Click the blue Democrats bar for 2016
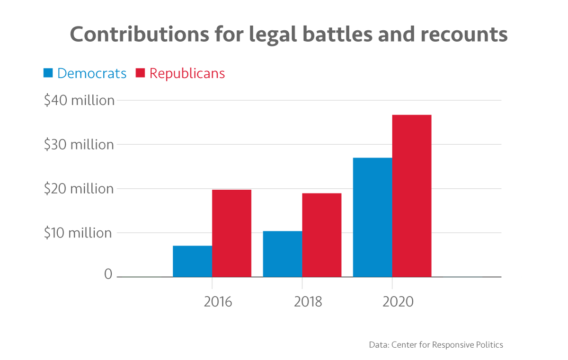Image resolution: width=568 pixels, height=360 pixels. pyautogui.click(x=192, y=261)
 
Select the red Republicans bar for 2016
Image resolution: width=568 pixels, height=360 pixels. pyautogui.click(x=231, y=233)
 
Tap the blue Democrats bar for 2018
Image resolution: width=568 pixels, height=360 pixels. pyautogui.click(x=283, y=254)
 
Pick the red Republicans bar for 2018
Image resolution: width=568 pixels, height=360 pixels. pyautogui.click(x=322, y=235)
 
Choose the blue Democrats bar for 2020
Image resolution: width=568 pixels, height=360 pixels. pyautogui.click(x=373, y=217)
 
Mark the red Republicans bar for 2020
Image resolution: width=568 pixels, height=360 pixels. pyautogui.click(x=412, y=196)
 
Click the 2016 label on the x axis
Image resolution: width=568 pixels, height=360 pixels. pyautogui.click(x=218, y=301)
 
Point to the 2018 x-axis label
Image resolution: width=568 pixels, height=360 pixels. pyautogui.click(x=308, y=301)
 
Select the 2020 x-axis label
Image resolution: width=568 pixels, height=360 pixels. pyautogui.click(x=398, y=301)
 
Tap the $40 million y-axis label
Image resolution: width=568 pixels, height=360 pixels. pyautogui.click(x=79, y=100)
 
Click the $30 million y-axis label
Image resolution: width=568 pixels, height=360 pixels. pyautogui.click(x=79, y=145)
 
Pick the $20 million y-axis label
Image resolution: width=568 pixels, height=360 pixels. pyautogui.click(x=79, y=189)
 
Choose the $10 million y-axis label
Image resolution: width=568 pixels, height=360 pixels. pyautogui.click(x=79, y=233)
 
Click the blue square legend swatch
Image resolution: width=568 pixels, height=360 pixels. pyautogui.click(x=48, y=73)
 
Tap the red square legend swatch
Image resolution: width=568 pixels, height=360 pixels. pyautogui.click(x=140, y=73)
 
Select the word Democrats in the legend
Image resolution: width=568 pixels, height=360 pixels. pyautogui.click(x=92, y=73)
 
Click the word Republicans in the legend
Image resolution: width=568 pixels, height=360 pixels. pyautogui.click(x=187, y=73)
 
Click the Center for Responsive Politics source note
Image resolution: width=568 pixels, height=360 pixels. pyautogui.click(x=436, y=344)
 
